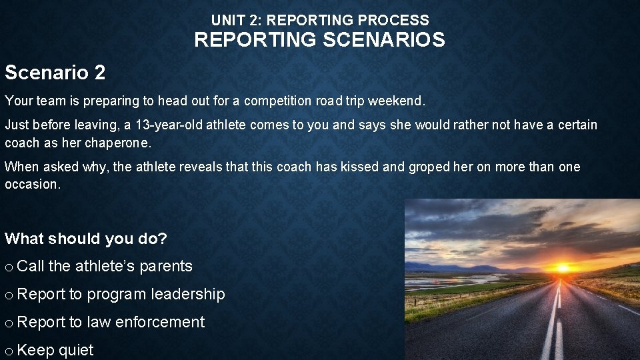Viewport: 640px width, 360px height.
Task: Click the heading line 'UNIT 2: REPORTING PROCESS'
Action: [x=320, y=20]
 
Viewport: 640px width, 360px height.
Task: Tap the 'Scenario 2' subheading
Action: [x=55, y=72]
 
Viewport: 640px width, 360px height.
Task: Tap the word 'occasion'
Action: [x=31, y=185]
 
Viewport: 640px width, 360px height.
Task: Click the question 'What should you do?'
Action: [x=86, y=239]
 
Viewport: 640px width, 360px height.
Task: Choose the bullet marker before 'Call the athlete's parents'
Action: [x=9, y=267]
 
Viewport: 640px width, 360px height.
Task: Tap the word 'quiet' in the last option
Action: [x=76, y=350]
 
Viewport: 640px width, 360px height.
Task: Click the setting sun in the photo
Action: [x=563, y=268]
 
